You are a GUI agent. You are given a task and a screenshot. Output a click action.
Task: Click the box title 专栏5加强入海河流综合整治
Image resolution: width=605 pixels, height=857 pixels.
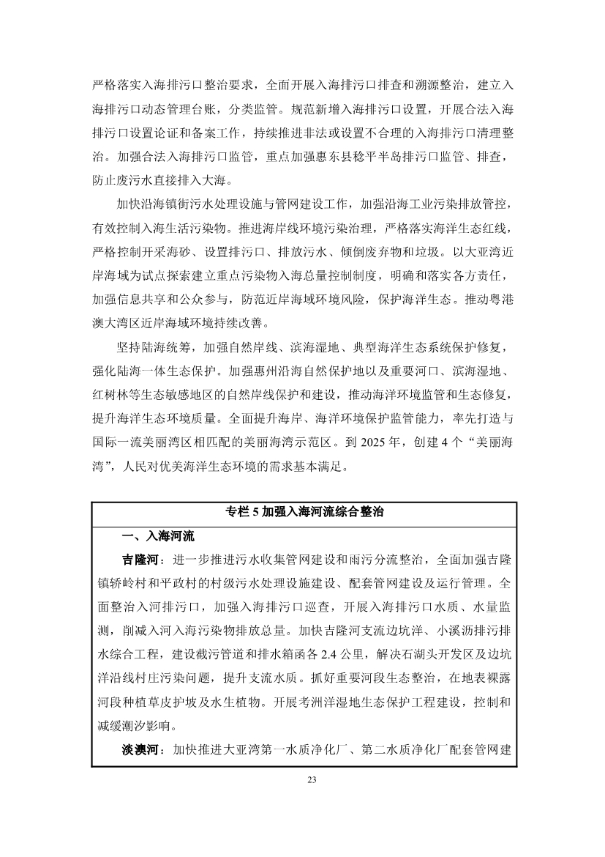pos(304,512)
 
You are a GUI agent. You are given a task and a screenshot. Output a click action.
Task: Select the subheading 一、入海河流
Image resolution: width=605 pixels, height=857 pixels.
pos(158,536)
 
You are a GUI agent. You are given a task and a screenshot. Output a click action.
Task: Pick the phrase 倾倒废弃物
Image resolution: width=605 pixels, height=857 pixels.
pos(386,252)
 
